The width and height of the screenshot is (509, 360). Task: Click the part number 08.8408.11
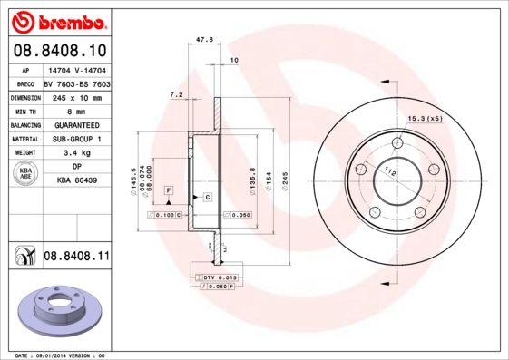tap(76, 257)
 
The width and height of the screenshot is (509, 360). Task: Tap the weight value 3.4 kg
tap(76, 153)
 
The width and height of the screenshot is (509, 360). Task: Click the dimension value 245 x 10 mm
tap(76, 96)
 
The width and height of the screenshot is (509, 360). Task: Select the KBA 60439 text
tap(76, 180)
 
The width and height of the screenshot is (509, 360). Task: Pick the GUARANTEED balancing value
tap(76, 124)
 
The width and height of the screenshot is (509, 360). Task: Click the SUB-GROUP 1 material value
tap(76, 139)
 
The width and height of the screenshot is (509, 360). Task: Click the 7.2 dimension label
tap(177, 94)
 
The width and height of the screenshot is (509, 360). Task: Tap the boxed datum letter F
tap(168, 189)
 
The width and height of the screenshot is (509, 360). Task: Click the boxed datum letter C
tap(207, 197)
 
